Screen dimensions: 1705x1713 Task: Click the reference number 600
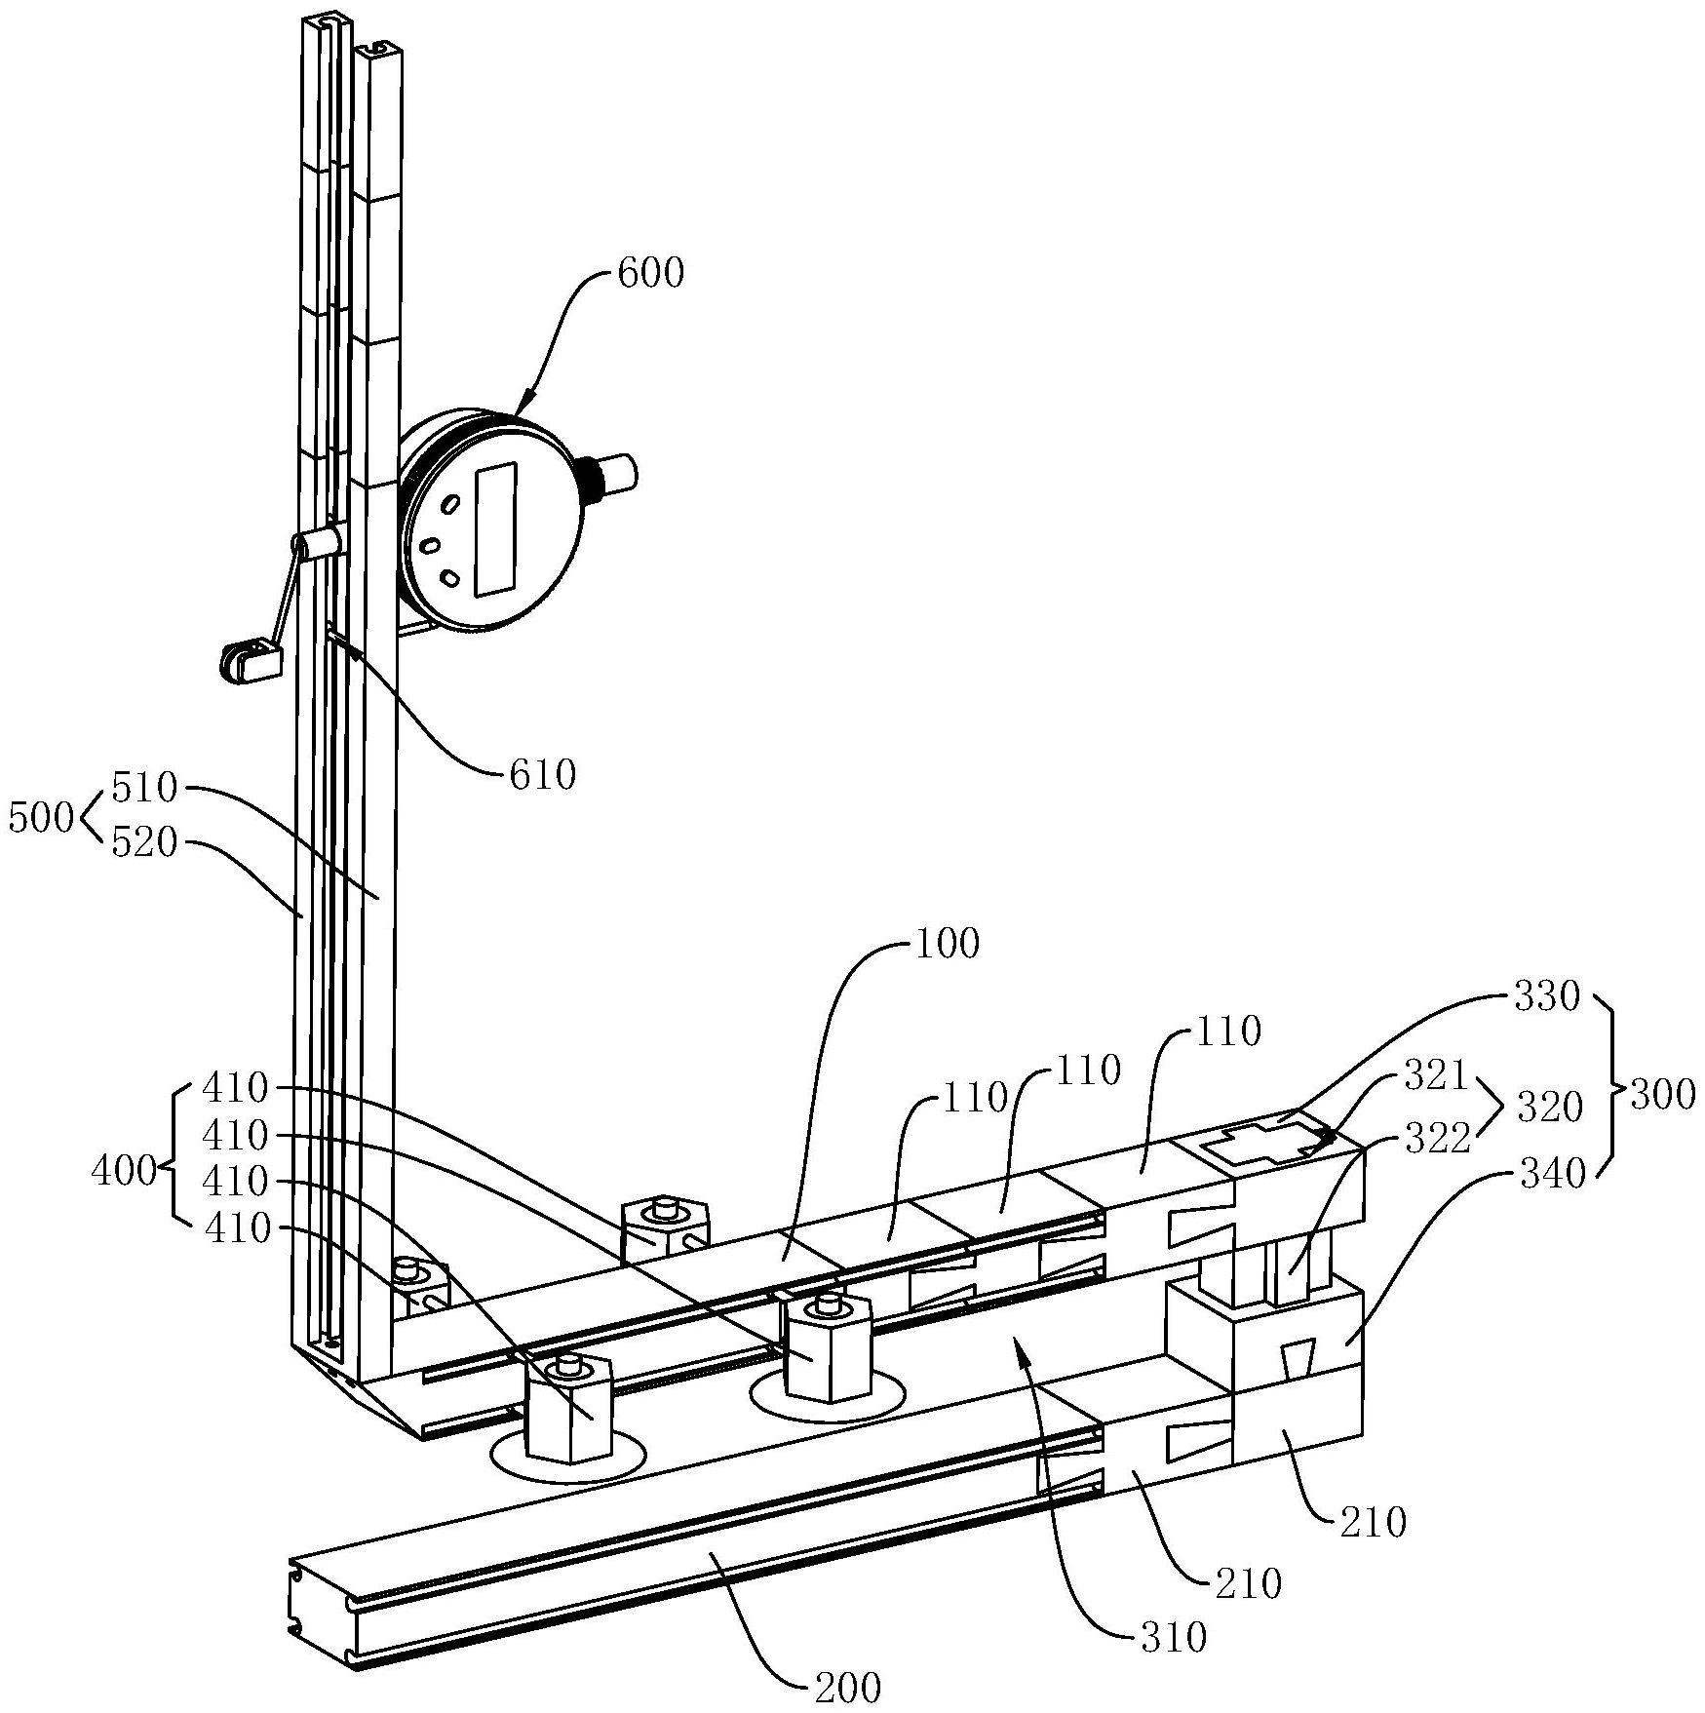coord(651,274)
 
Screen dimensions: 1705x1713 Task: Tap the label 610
coord(543,775)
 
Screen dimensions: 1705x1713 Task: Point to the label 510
coord(145,788)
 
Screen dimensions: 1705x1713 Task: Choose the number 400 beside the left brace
coord(124,1171)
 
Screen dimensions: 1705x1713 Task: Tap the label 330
coord(1546,997)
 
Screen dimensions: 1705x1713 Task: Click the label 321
coord(1436,1075)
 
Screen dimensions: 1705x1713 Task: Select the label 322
coord(1436,1138)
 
